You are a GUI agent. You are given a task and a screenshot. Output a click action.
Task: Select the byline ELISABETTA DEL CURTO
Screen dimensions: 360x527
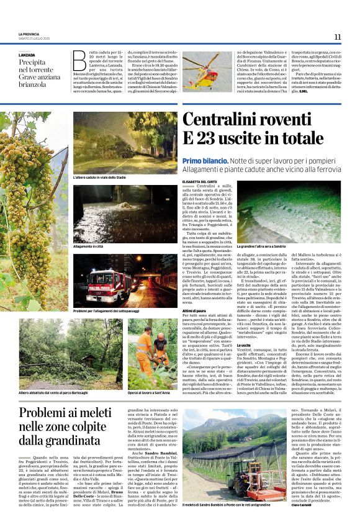pos(200,181)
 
